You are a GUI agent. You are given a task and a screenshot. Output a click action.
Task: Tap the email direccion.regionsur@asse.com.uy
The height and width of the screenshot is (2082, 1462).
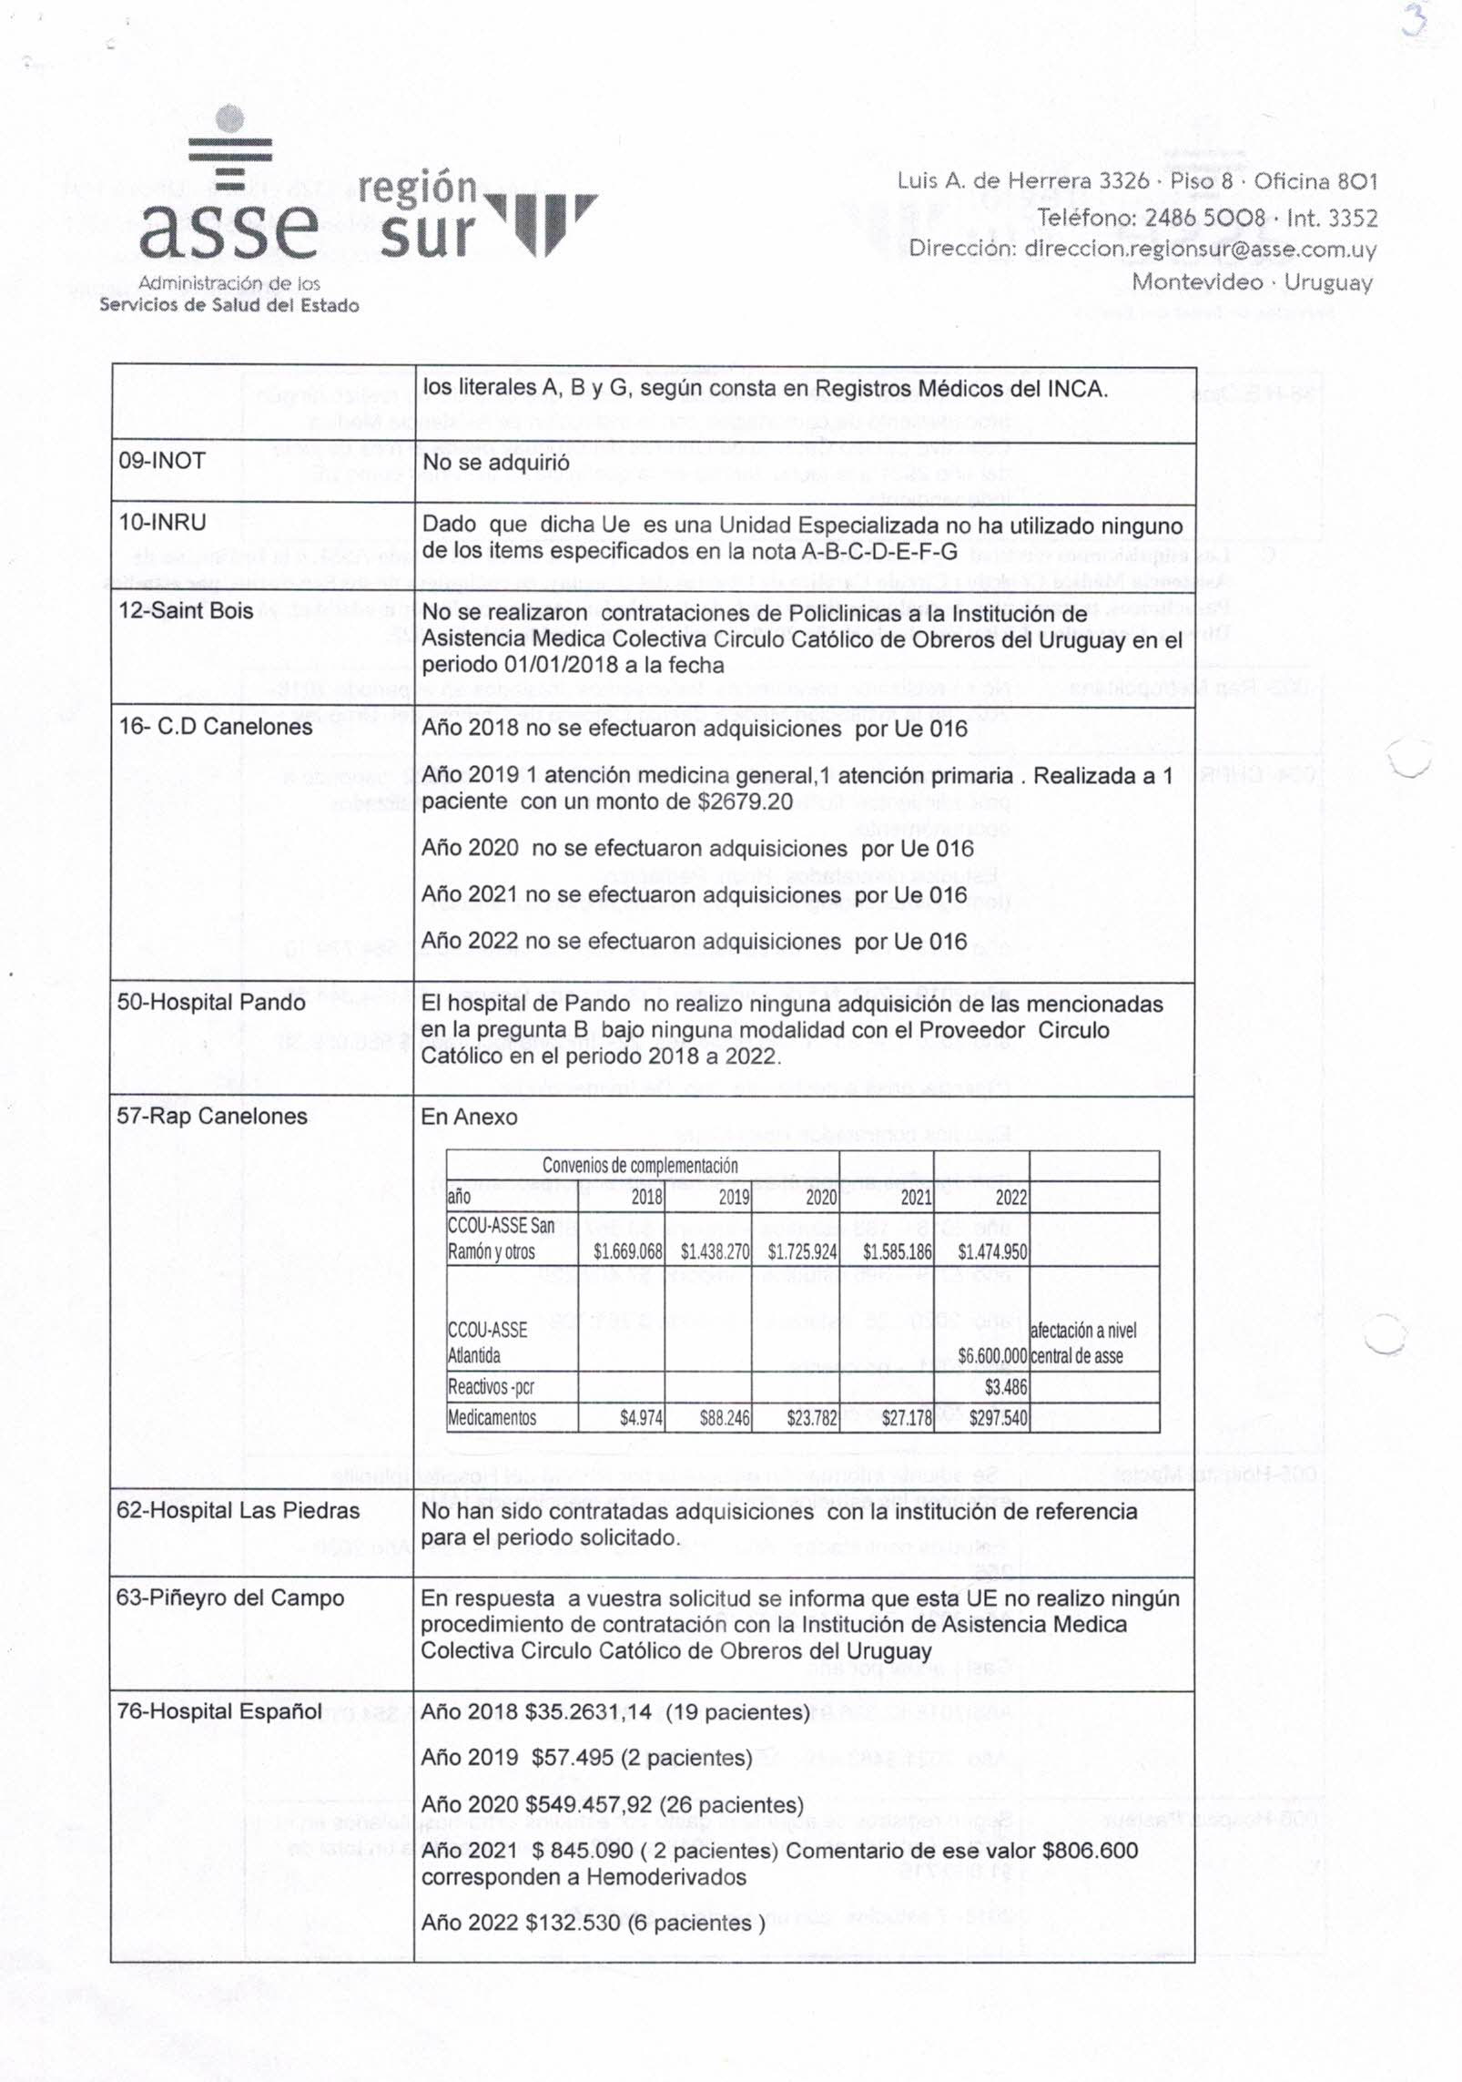click(1200, 249)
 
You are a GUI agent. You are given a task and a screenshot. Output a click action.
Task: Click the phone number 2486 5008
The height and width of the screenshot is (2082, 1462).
click(1204, 217)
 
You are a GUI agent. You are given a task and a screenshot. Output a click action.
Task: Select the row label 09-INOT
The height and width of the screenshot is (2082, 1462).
click(162, 461)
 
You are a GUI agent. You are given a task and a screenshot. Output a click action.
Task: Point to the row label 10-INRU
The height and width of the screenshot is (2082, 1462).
click(162, 523)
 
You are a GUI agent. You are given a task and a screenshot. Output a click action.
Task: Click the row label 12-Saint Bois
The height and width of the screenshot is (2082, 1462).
click(186, 610)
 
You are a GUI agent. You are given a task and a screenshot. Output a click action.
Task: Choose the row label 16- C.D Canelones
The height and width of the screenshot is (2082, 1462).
click(215, 727)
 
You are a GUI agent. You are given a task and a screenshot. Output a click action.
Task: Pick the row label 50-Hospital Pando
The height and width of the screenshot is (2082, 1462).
click(211, 1003)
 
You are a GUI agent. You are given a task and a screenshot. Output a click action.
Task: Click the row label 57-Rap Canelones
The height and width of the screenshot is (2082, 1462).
click(212, 1117)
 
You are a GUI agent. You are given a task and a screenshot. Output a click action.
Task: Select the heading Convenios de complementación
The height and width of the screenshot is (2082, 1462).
click(640, 1166)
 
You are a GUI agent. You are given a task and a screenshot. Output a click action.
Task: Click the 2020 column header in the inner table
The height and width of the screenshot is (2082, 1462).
click(820, 1197)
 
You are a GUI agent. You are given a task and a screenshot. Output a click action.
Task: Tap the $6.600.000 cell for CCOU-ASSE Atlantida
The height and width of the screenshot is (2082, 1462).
click(991, 1355)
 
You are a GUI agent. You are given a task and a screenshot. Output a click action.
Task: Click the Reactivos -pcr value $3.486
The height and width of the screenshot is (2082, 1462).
click(1005, 1387)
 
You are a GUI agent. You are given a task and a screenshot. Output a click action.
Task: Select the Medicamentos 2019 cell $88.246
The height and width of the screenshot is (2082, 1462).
click(725, 1417)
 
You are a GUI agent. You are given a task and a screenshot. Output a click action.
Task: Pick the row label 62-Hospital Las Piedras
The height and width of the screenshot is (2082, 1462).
click(238, 1511)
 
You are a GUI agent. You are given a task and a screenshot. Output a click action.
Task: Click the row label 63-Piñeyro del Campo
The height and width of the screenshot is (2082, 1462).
click(230, 1598)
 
